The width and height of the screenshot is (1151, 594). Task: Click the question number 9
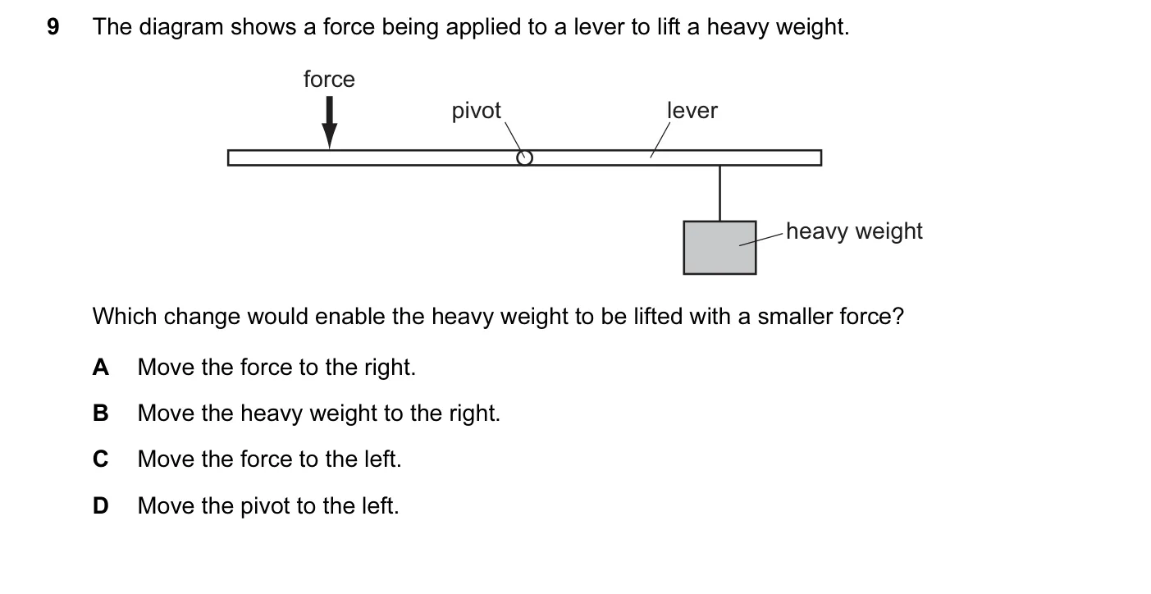tap(53, 27)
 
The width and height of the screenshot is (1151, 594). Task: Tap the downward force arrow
tap(329, 122)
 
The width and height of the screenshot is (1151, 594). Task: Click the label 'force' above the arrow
tap(329, 80)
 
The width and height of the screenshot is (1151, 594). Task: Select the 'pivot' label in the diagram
tap(476, 111)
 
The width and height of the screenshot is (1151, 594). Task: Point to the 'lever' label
tap(692, 111)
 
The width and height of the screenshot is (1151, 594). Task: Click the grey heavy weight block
tap(719, 248)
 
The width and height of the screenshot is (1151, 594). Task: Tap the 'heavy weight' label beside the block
tap(854, 231)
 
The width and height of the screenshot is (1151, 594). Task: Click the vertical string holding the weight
tap(720, 193)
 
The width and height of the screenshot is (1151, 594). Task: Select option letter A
tap(101, 368)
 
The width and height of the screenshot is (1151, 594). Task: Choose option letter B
tap(101, 414)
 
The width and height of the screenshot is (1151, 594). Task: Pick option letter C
tap(101, 459)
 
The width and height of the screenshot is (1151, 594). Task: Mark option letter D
tap(101, 505)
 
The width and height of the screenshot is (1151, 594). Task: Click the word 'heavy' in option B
tap(272, 414)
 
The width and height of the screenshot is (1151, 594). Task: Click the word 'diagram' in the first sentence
tap(180, 27)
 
